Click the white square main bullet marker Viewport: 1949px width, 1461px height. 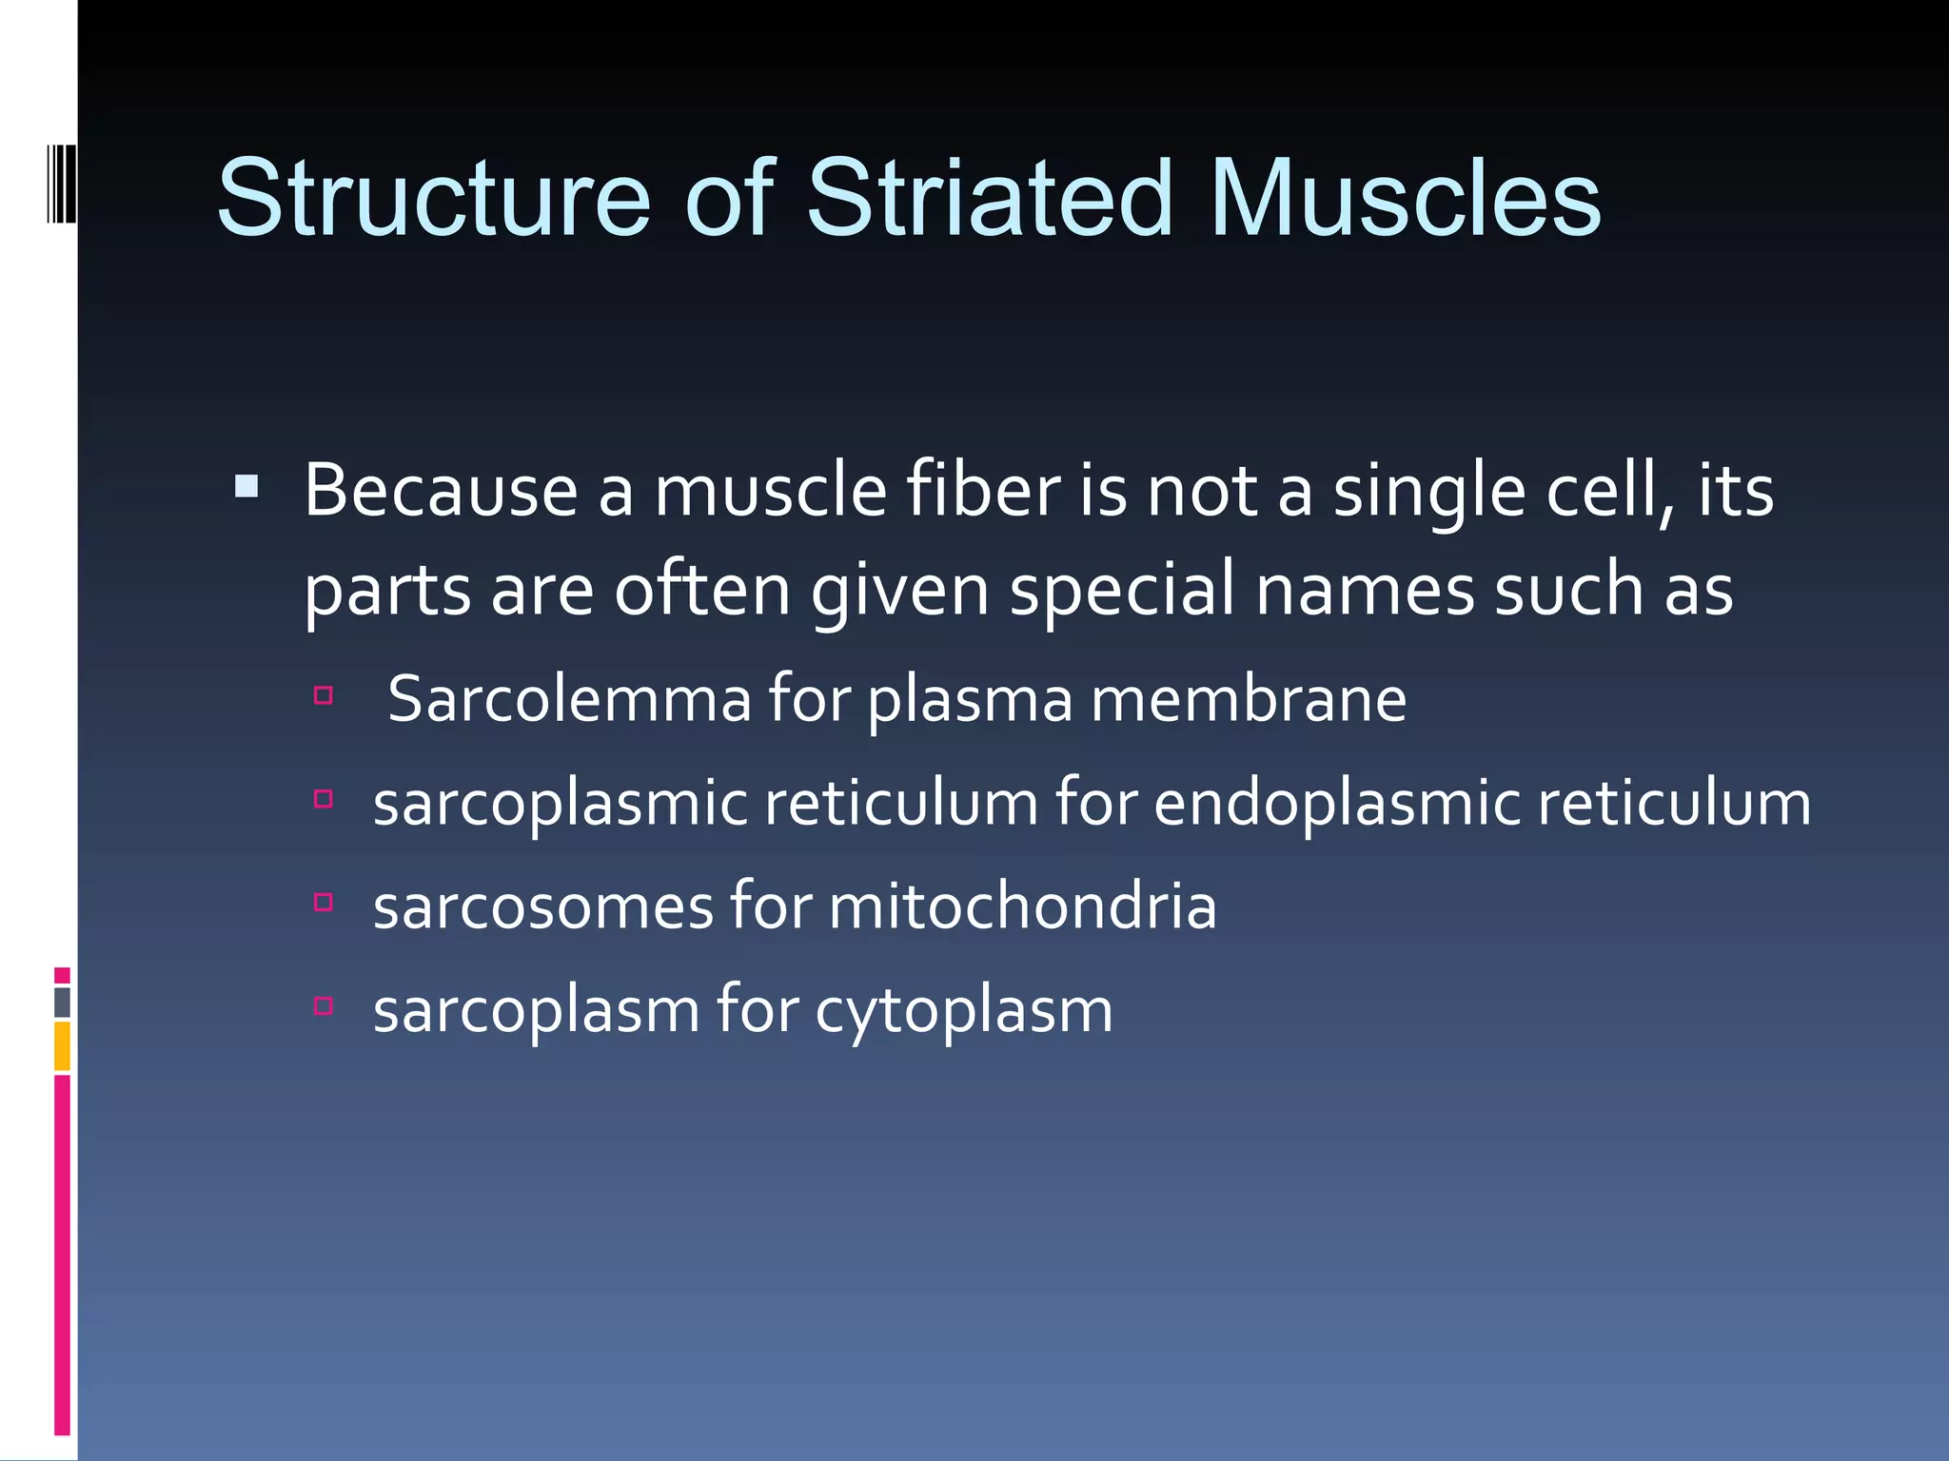click(x=246, y=488)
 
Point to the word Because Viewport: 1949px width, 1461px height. click(x=441, y=492)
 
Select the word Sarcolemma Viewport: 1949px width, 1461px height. click(x=569, y=699)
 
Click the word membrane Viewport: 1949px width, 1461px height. click(x=1248, y=699)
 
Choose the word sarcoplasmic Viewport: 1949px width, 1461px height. click(x=560, y=804)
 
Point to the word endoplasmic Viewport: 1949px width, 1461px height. click(x=1337, y=804)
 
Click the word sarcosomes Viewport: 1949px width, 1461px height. click(x=542, y=906)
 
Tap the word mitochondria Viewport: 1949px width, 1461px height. click(x=1022, y=906)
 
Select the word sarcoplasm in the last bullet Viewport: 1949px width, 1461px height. click(x=536, y=1010)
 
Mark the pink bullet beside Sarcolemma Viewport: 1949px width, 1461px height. click(x=323, y=696)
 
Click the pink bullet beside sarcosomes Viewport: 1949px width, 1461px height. click(x=323, y=903)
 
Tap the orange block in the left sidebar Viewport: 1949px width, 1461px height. click(x=62, y=1045)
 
